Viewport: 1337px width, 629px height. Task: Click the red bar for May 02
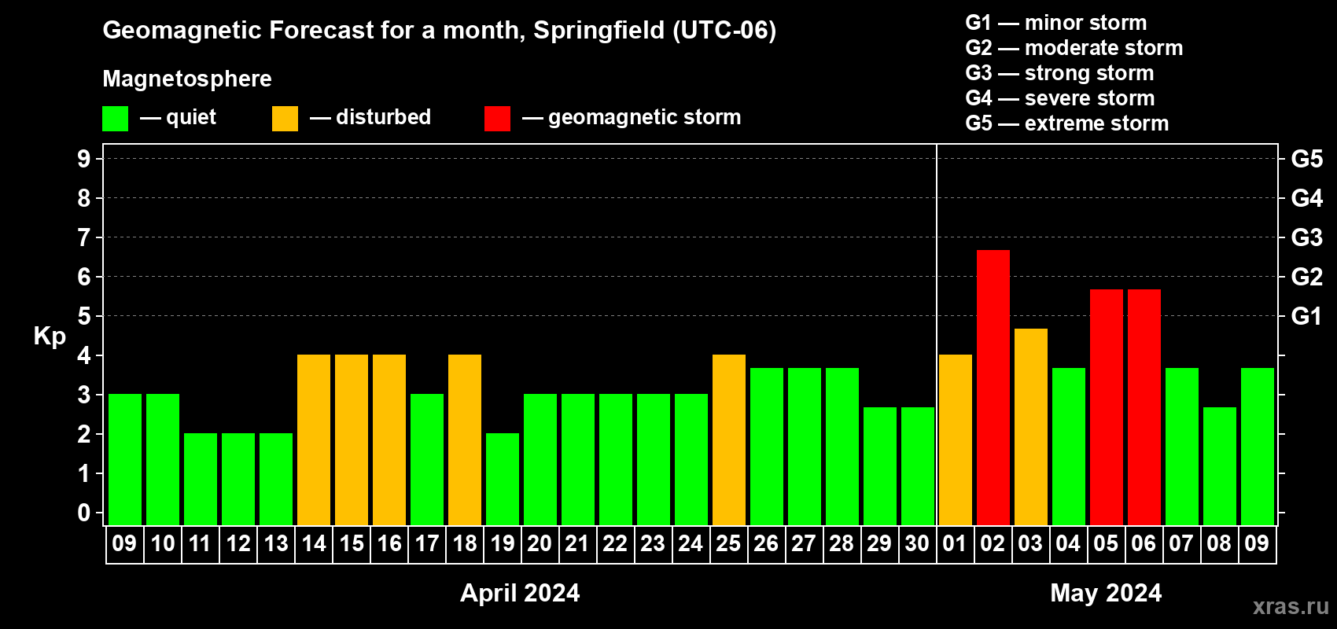(x=993, y=388)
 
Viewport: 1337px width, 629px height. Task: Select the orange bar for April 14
(x=314, y=440)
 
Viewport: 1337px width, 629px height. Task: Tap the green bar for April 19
(x=503, y=479)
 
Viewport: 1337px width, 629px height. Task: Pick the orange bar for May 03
(x=1031, y=427)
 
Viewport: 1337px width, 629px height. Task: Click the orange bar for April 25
(x=729, y=440)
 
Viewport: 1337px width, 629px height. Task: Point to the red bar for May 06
(x=1144, y=407)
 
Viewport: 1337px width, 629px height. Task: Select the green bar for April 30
(x=918, y=466)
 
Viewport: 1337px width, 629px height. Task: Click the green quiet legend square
(x=115, y=118)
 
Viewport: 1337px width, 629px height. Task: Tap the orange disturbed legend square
(x=285, y=118)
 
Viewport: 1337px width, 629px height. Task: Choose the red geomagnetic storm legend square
(x=498, y=118)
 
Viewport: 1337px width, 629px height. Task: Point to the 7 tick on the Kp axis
(x=83, y=237)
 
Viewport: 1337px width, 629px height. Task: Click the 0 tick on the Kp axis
(x=83, y=513)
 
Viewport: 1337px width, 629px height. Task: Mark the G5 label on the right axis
(x=1307, y=159)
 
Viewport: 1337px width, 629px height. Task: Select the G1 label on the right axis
(x=1307, y=316)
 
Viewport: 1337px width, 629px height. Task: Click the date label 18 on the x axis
(x=465, y=543)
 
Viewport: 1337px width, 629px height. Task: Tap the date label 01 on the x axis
(x=955, y=543)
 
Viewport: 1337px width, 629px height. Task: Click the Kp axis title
(x=50, y=337)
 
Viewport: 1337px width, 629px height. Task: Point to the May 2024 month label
(x=1106, y=593)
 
